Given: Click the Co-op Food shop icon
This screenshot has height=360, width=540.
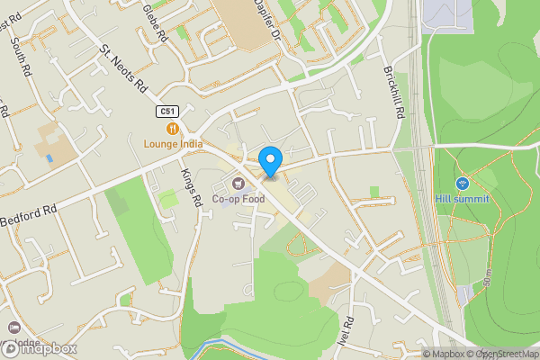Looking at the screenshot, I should click(x=238, y=183).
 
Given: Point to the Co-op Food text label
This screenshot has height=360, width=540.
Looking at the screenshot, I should click(x=236, y=198).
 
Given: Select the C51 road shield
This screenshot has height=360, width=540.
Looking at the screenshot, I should click(x=165, y=111).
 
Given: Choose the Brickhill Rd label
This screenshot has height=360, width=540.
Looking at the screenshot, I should click(x=394, y=89).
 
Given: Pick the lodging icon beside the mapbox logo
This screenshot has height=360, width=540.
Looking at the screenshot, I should click(x=13, y=328).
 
